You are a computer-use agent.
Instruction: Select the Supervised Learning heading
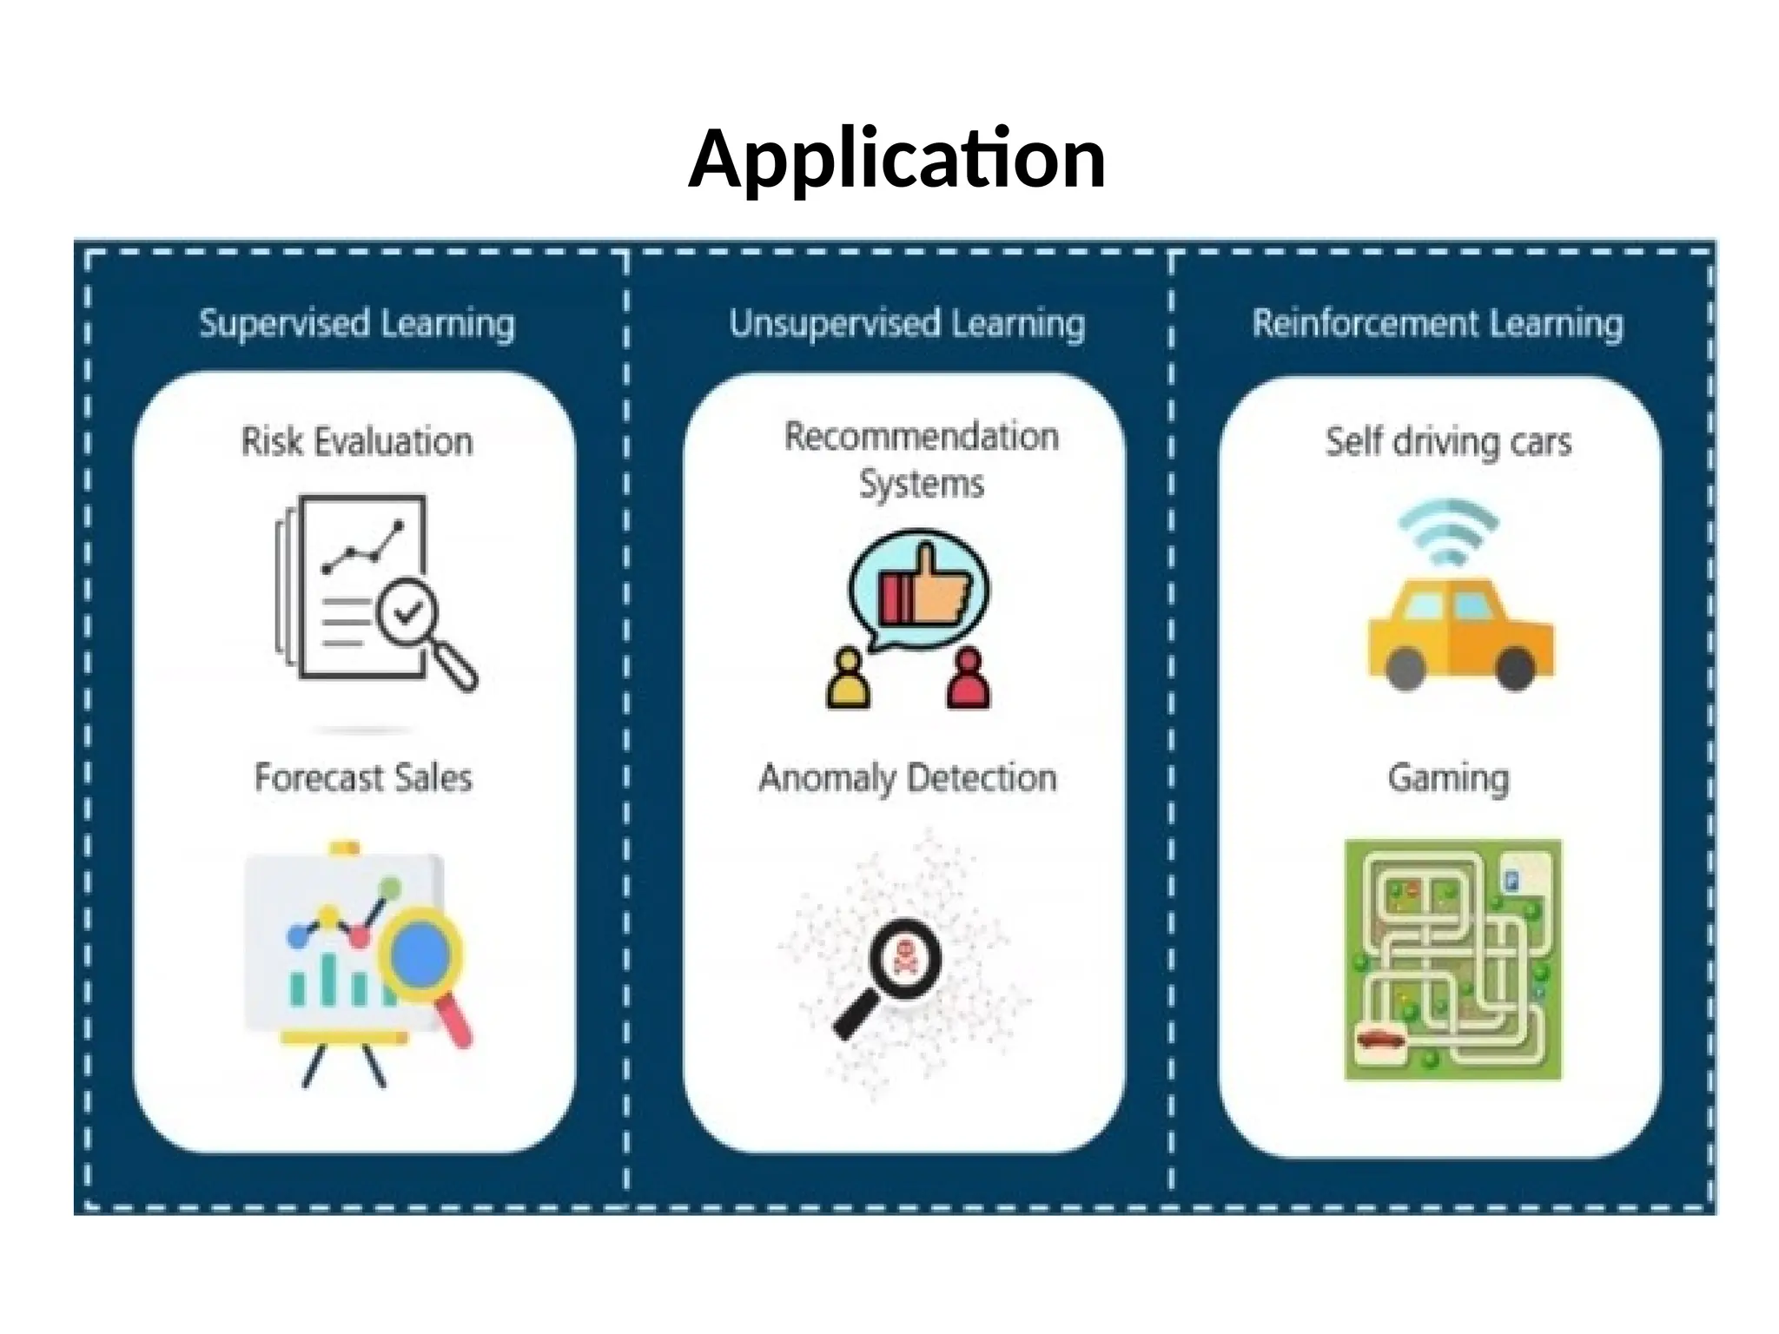357,323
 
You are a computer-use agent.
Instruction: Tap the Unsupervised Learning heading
907,323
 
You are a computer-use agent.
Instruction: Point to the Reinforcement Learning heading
1438,323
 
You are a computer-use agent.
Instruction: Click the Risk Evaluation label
357,441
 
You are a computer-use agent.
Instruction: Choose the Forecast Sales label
363,777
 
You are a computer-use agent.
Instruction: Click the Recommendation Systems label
921,459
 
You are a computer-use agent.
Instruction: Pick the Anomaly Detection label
908,777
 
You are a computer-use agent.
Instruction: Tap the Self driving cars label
1448,441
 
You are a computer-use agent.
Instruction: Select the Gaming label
1448,777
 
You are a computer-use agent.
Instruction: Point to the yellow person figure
848,680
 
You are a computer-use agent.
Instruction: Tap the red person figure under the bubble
969,680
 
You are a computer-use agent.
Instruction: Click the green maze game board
1452,959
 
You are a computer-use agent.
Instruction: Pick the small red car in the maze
1381,1038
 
